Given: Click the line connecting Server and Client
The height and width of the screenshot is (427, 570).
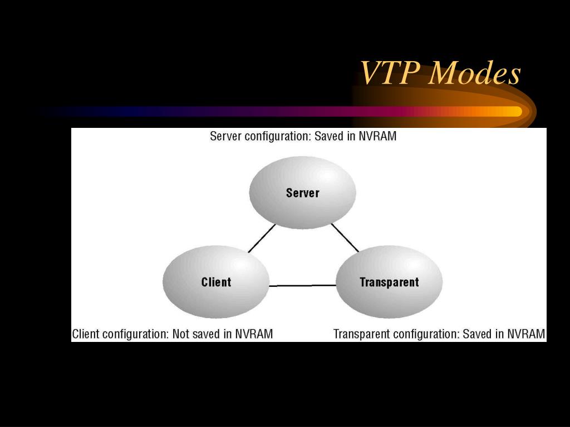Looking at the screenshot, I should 262,238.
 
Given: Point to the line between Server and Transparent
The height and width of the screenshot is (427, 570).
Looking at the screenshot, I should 345,237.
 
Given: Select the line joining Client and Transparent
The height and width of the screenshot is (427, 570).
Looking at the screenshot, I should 302,286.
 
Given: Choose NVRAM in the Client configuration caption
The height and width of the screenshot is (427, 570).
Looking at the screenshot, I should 253,334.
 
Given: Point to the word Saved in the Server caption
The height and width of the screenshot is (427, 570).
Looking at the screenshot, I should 329,136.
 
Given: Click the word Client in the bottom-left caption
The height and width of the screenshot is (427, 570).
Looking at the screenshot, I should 86,334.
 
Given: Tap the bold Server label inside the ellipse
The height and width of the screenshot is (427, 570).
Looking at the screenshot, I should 302,193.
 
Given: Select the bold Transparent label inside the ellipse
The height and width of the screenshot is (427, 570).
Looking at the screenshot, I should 389,282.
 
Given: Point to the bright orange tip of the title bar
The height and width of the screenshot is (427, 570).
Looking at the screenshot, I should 515,111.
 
